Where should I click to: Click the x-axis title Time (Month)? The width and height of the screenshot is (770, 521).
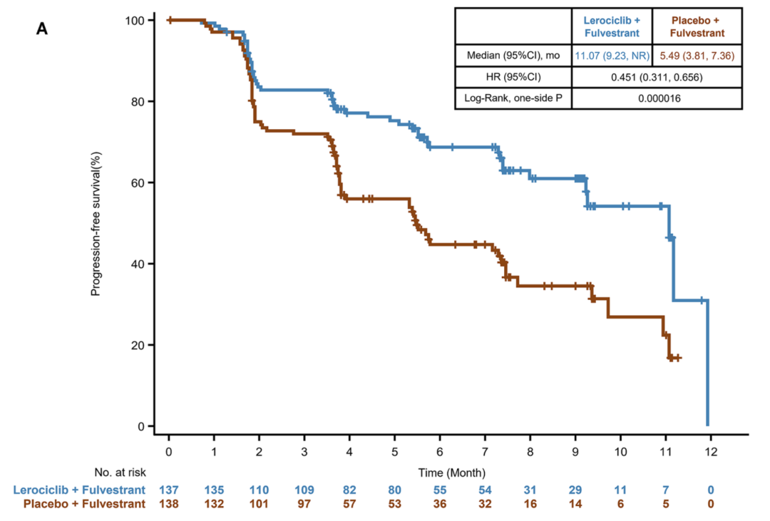click(x=452, y=473)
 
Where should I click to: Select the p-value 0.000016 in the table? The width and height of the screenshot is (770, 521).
click(x=657, y=99)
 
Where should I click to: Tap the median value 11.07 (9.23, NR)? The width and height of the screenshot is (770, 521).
click(x=611, y=55)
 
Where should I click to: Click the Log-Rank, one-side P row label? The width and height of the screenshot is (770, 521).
click(x=513, y=99)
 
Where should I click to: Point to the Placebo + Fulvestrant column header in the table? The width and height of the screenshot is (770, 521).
click(x=697, y=26)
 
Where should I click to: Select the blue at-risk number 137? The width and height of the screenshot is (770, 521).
click(x=169, y=490)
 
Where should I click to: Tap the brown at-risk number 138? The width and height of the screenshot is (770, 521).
click(x=169, y=504)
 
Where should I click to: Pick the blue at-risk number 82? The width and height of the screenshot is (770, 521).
click(x=349, y=490)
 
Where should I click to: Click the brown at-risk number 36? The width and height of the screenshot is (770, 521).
click(x=440, y=504)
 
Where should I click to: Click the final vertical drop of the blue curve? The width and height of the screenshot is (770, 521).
click(x=707, y=363)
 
